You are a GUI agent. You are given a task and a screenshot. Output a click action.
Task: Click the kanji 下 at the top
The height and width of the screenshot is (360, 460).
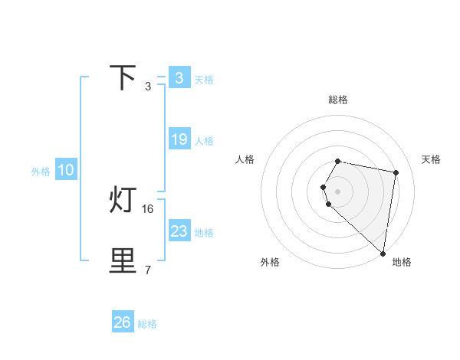coord(123,78)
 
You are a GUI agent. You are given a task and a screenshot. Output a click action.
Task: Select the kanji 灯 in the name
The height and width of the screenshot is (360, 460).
coord(123,201)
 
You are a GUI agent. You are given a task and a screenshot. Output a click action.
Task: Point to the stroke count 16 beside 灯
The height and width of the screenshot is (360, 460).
coord(148,208)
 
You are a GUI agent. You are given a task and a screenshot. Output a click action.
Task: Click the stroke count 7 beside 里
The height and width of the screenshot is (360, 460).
coord(147,270)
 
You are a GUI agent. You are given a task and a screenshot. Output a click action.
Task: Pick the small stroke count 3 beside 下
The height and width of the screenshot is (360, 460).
coord(147,87)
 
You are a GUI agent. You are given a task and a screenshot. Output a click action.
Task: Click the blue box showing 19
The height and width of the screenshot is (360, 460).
coord(179,139)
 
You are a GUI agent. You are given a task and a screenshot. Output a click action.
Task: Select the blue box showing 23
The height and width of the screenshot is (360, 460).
coord(179,231)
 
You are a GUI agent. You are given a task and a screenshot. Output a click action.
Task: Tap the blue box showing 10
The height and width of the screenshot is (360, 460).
coord(65,171)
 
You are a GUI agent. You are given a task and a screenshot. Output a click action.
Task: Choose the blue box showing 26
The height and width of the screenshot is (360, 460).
coord(123,322)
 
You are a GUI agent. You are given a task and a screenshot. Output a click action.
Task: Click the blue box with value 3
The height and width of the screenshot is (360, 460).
coord(179,78)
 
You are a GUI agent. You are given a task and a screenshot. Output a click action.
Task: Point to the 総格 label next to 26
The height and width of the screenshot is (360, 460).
coord(147,324)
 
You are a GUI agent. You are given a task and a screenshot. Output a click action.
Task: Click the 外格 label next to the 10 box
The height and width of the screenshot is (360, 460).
coord(41,172)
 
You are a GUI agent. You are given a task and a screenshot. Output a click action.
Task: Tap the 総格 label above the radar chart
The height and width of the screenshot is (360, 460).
coord(338,100)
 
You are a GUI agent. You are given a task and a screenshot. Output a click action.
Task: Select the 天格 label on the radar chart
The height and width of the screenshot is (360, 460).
coord(431,159)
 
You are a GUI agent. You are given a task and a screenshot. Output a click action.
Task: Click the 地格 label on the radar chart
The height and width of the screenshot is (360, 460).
coord(402,262)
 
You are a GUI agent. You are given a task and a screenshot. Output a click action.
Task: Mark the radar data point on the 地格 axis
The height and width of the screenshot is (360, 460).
coord(383,253)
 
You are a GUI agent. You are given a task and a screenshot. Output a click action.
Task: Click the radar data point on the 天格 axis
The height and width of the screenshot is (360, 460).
coord(396,172)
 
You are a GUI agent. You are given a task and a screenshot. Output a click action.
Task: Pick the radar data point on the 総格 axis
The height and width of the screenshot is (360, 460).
coord(338,161)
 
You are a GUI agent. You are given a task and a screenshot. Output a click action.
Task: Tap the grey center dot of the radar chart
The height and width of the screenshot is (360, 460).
coord(338,191)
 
